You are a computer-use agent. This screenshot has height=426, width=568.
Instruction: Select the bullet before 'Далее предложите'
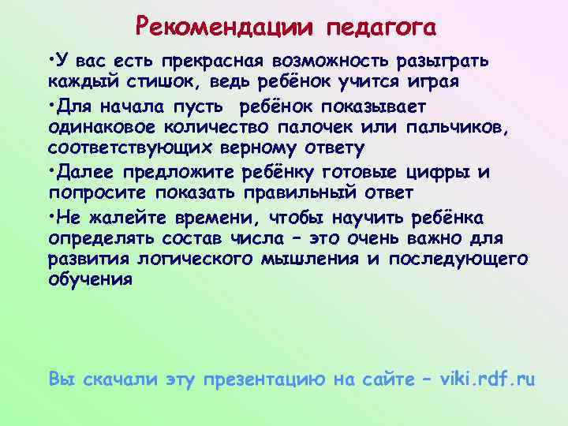(50, 170)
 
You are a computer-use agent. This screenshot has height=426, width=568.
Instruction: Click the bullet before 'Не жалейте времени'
(50, 215)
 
